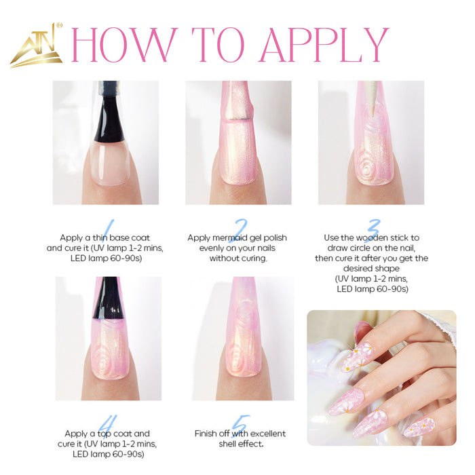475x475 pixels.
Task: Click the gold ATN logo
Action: [x=36, y=45]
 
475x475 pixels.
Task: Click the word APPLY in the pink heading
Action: [x=324, y=45]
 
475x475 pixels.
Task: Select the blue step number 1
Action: [x=108, y=231]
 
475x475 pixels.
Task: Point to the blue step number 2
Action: [x=239, y=231]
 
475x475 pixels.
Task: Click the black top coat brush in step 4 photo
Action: [x=108, y=299]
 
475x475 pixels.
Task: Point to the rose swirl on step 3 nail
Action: [x=368, y=168]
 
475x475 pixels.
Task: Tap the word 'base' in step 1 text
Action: [x=121, y=237]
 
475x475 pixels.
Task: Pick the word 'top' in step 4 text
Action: [x=104, y=434]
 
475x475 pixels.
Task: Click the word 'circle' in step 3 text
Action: [x=358, y=248]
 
